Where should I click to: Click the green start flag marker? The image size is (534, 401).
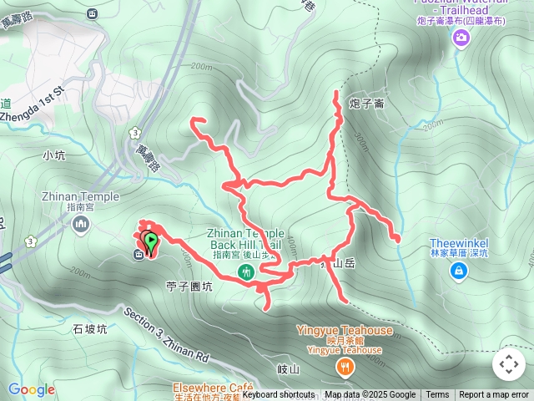click(x=150, y=243)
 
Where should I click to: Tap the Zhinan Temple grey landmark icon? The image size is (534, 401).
click(x=81, y=224)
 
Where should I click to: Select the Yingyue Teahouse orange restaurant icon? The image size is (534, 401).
click(x=344, y=368)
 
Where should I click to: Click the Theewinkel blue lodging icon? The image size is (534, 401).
click(x=459, y=271)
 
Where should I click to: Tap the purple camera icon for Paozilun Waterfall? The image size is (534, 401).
click(x=461, y=38)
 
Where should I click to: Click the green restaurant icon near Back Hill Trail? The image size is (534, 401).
click(x=246, y=272)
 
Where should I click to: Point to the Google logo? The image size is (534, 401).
click(x=32, y=389)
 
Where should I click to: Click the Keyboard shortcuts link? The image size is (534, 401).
click(x=279, y=395)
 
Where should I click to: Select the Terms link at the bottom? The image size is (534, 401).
click(x=437, y=395)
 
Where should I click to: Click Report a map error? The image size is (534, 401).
click(x=494, y=395)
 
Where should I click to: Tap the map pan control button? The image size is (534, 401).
click(x=508, y=364)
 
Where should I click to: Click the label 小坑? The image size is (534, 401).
click(x=53, y=155)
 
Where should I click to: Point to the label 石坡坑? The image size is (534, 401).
click(x=90, y=329)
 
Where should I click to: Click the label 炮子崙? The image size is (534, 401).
click(x=367, y=104)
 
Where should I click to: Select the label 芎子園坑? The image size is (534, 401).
click(x=189, y=286)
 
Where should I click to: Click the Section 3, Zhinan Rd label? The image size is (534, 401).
click(x=167, y=336)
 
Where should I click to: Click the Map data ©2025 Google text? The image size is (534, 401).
click(x=370, y=395)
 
